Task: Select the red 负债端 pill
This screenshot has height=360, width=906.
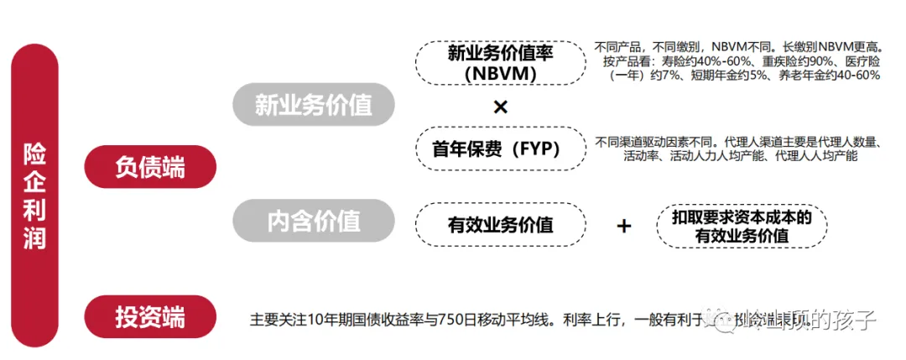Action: coord(150,166)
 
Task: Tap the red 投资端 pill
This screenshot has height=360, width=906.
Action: coord(150,316)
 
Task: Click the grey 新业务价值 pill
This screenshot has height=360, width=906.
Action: coord(313,104)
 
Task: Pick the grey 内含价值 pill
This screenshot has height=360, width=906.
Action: coord(313,220)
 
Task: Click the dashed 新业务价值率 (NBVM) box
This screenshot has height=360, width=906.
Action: coord(501,63)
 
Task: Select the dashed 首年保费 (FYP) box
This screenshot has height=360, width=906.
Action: coord(501,149)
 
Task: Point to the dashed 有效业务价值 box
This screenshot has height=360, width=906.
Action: coord(501,224)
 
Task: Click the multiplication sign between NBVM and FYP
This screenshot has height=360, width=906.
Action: coord(501,107)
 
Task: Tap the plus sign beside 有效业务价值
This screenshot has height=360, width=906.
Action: coord(623,225)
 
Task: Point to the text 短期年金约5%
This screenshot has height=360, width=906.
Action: coord(724,76)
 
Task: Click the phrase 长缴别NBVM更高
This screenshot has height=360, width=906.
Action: coord(825,46)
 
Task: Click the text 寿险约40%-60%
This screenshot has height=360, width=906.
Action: coord(690,60)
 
